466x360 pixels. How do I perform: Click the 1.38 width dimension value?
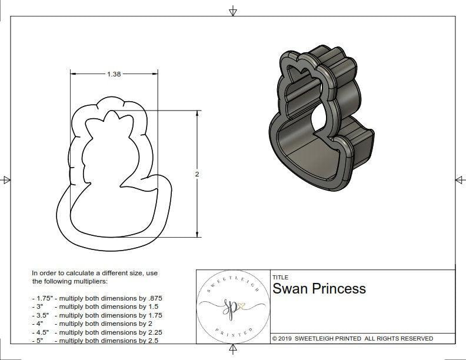click(x=114, y=75)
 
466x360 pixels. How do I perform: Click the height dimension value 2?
click(x=197, y=174)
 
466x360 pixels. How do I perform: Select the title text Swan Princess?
click(x=319, y=289)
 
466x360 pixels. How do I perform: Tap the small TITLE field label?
click(x=279, y=277)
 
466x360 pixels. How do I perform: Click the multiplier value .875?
click(x=153, y=298)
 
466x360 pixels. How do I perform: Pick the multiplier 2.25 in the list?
click(x=152, y=332)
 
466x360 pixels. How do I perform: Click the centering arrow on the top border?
click(x=233, y=11)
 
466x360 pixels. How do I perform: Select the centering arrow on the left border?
click(x=6, y=179)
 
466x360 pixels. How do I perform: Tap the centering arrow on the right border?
click(x=460, y=179)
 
